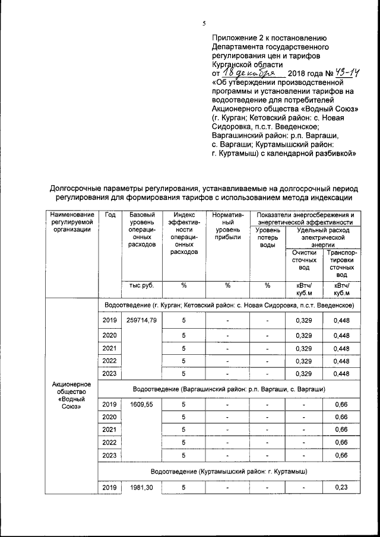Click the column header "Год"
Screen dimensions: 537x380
coord(110,215)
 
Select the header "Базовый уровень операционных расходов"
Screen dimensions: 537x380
coord(142,229)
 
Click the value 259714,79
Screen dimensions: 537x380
coord(142,321)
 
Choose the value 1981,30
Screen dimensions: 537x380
coord(142,487)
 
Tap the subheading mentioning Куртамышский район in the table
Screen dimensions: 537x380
coord(229,471)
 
